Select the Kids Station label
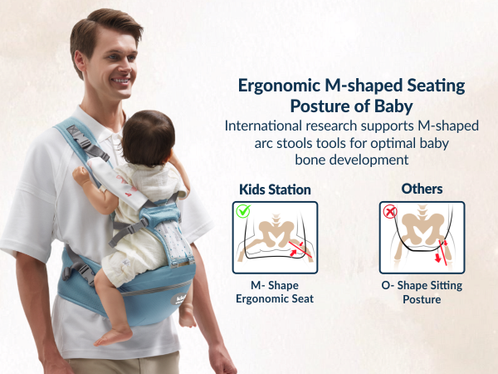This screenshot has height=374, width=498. [274, 189]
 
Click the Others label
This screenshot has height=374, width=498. [422, 189]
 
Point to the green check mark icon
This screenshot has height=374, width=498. [243, 211]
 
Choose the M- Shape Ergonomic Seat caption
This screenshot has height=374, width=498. [274, 293]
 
